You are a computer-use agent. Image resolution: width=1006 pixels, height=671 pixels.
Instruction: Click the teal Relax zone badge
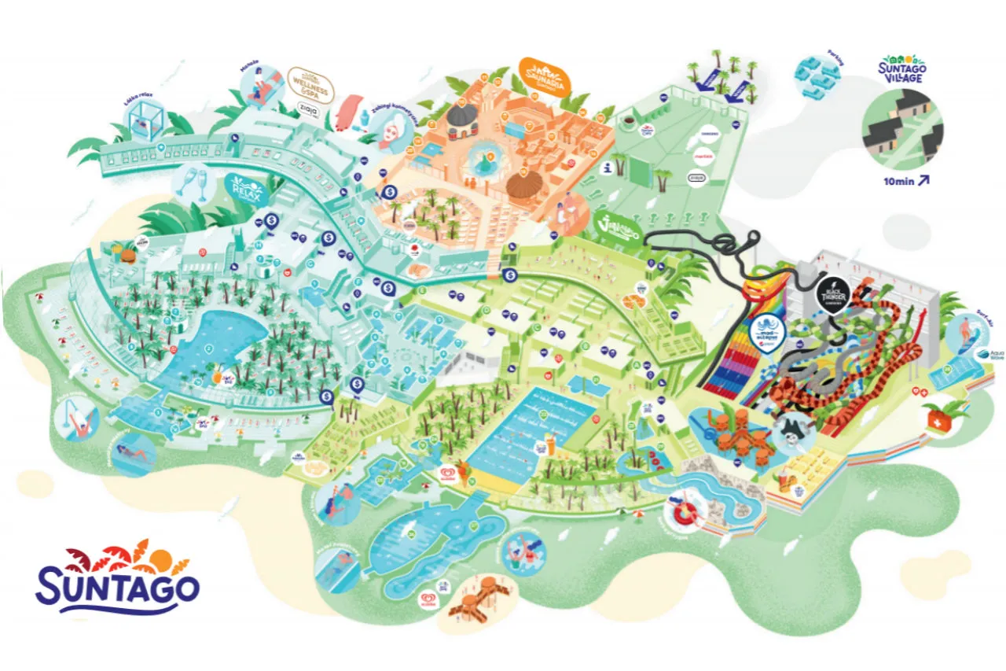[x=245, y=190]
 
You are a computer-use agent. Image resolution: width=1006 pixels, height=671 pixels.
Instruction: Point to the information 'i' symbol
[x=606, y=168]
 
